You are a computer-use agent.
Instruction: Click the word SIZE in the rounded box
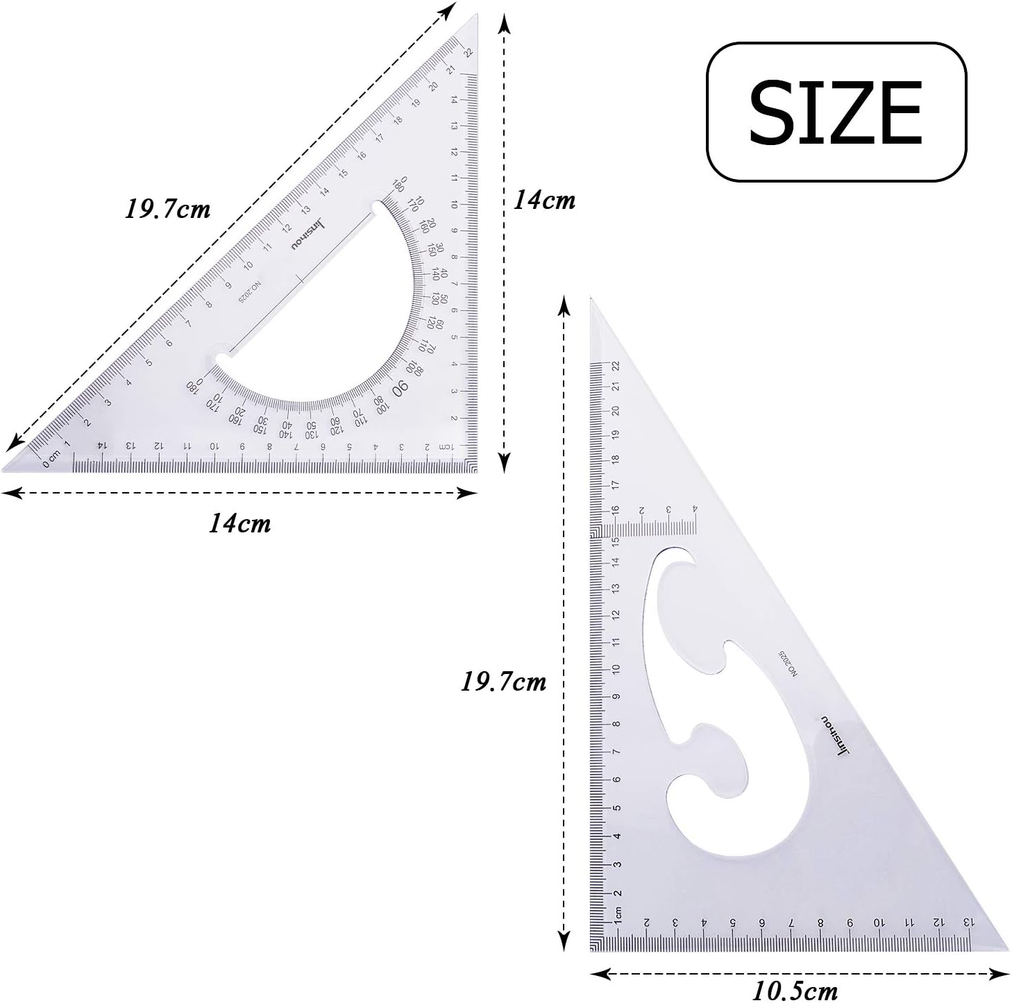click(x=836, y=112)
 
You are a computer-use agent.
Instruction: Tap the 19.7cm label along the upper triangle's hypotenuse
click(x=167, y=208)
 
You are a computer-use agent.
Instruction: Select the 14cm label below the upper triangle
click(x=239, y=523)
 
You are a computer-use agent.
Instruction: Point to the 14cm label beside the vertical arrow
click(x=544, y=200)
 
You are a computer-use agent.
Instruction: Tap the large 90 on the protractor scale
click(x=401, y=389)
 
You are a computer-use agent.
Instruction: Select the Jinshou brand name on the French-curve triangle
click(x=836, y=736)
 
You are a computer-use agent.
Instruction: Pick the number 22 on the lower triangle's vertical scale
click(x=615, y=366)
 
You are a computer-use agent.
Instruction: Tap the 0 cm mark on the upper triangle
click(x=50, y=459)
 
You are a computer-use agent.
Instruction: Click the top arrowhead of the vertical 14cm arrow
click(x=505, y=24)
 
